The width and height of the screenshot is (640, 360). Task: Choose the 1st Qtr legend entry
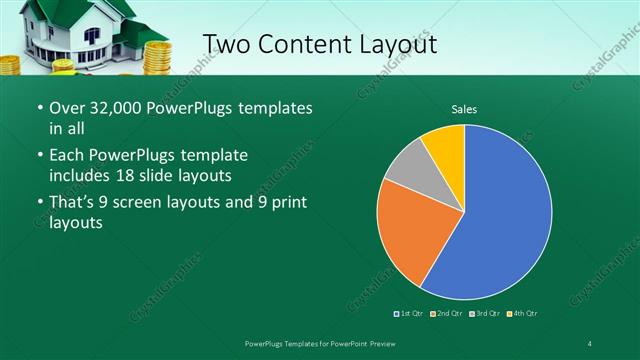tap(411, 314)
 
